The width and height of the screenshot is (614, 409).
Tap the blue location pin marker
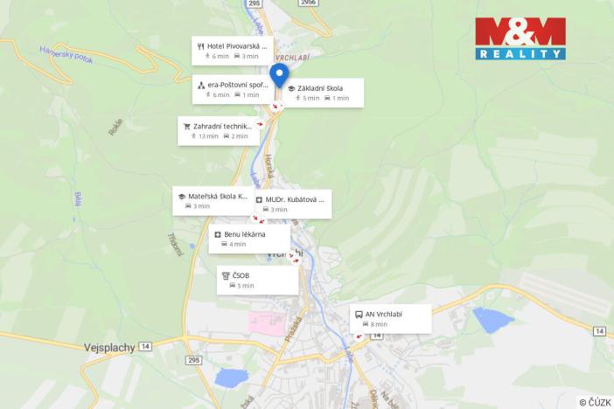pos(279,76)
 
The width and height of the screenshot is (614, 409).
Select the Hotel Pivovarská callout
pos(232,50)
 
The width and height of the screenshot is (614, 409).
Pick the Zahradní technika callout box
pos(218,130)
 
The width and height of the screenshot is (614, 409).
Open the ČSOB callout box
pos(258,280)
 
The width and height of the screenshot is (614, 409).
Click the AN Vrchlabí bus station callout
pos(390,318)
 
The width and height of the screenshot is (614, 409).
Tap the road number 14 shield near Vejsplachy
pos(144,347)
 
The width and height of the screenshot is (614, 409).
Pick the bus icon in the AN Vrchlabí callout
pos(358,314)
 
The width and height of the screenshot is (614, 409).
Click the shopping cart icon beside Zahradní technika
pos(187,126)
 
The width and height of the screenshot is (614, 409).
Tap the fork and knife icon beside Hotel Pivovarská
pos(201,45)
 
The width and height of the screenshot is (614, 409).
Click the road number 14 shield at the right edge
pos(599,330)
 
